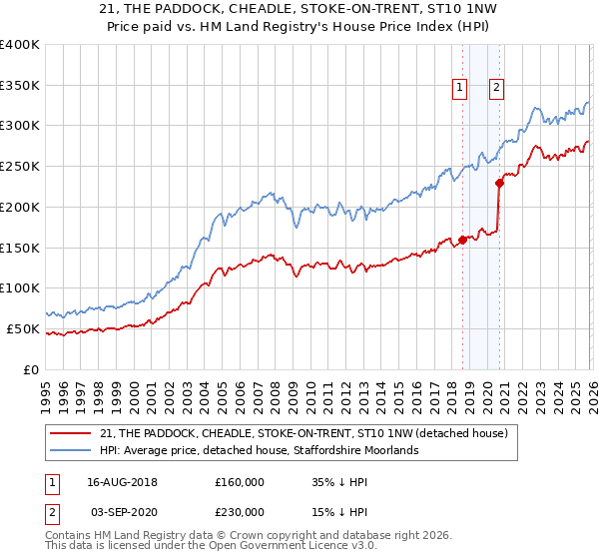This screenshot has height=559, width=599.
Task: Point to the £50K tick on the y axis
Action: [x=22, y=328]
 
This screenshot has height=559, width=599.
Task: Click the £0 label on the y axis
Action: [x=32, y=369]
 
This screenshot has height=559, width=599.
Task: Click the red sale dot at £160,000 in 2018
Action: [x=462, y=240]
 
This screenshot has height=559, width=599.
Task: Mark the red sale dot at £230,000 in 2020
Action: [x=499, y=183]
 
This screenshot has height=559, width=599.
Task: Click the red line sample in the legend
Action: [x=72, y=433]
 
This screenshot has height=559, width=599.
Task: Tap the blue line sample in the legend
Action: [x=72, y=450]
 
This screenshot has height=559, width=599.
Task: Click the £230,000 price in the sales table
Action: [x=240, y=513]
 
